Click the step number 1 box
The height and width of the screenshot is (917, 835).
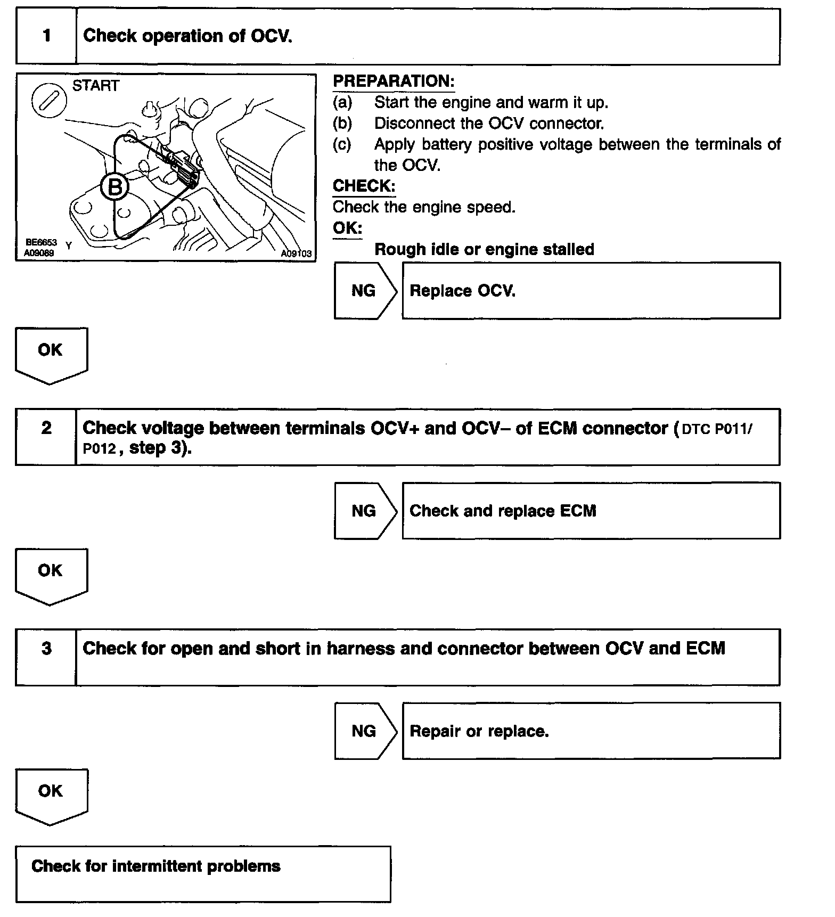coord(46,36)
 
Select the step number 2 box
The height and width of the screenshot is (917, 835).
coord(46,437)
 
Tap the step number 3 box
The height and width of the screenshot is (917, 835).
coord(46,657)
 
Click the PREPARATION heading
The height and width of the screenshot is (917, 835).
coord(394,81)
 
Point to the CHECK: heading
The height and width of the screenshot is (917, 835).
coord(364,186)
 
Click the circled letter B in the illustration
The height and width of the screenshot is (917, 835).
coord(115,187)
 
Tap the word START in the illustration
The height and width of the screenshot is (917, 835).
coord(96,86)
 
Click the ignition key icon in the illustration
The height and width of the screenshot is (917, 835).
coord(49,101)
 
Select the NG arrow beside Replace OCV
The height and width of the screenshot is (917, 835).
coord(365,291)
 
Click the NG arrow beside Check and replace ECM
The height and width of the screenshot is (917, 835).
coord(365,511)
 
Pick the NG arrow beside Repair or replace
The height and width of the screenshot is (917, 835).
coord(365,731)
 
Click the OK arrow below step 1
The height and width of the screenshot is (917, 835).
coord(51,355)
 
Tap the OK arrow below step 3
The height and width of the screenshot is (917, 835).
coord(51,796)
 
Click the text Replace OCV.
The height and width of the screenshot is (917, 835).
coord(462,291)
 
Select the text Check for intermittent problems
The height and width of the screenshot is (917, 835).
coord(155,866)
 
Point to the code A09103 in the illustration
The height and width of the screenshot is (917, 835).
coord(296,254)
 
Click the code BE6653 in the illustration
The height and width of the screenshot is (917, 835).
coord(40,243)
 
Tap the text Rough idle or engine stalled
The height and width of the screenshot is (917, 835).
coord(484,249)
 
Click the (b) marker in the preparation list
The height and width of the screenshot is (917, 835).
coord(342,124)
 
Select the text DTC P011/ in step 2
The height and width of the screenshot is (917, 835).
coord(717,430)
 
